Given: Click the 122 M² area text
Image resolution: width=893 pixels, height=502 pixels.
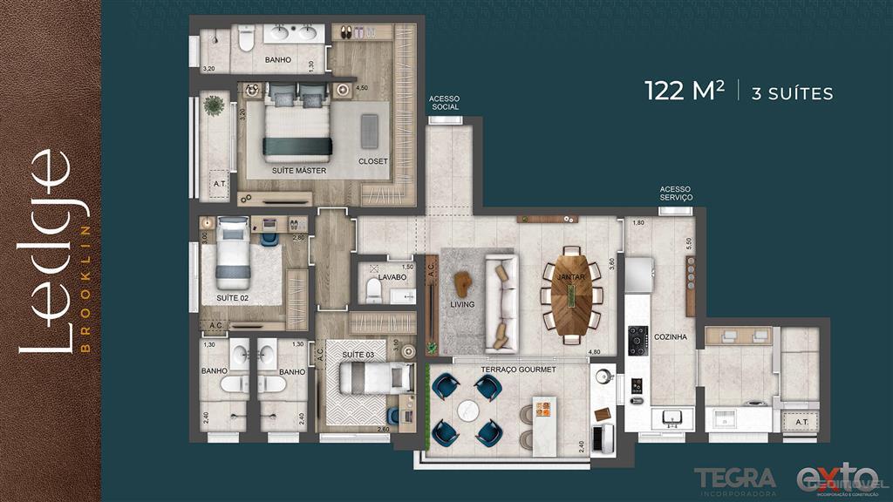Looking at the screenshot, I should point(685,91).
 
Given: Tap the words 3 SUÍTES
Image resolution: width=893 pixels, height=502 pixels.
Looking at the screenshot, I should point(792,93).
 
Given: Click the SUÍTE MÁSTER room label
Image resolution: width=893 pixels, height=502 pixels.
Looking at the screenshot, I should point(298,171).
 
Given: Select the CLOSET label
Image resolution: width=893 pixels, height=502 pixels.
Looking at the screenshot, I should point(372,162).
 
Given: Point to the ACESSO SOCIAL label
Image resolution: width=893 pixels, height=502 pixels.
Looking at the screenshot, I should point(444,104).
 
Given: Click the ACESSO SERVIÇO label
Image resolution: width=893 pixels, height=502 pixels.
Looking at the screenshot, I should point(676,193).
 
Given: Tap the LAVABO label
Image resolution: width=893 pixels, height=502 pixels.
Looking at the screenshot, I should point(392,277).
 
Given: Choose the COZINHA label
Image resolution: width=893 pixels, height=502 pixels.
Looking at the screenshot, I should point(669,336).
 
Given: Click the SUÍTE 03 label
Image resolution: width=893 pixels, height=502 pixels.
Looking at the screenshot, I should point(358,355).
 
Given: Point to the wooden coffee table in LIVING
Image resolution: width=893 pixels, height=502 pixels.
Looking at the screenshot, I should point(463,284).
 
